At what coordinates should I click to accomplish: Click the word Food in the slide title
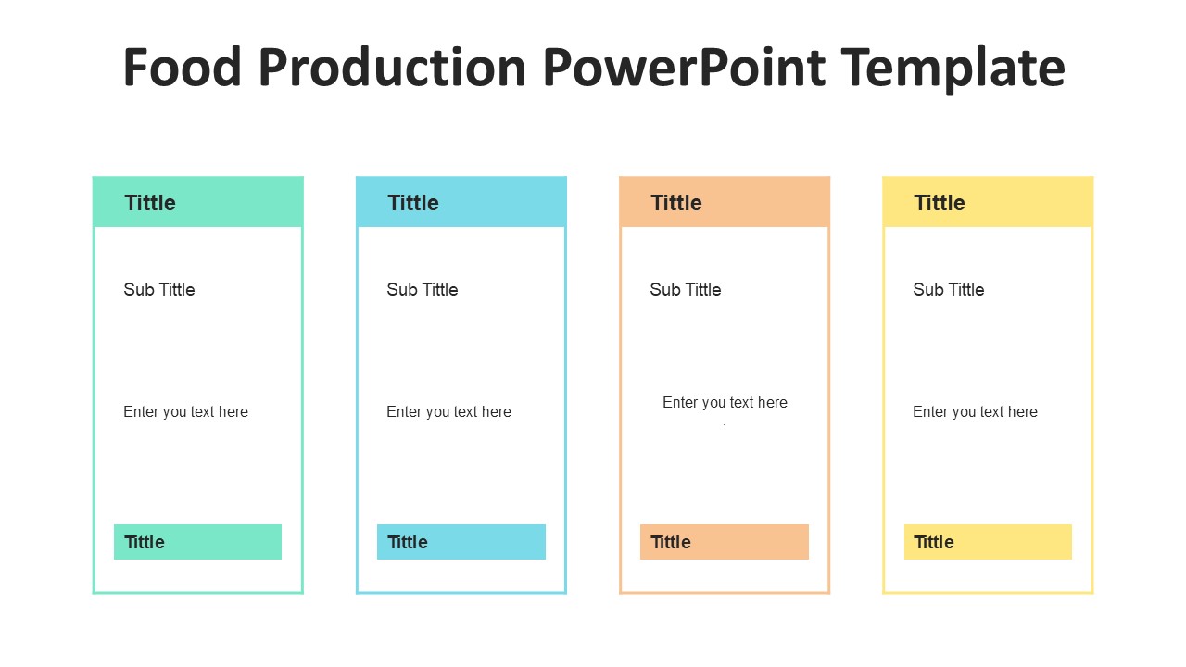[x=182, y=68]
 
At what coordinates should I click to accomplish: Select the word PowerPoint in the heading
[x=684, y=68]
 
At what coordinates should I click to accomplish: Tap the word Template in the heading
[x=953, y=68]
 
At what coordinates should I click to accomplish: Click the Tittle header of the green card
[x=150, y=203]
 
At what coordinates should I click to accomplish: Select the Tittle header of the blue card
[x=413, y=203]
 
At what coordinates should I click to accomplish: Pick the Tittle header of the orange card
[x=676, y=203]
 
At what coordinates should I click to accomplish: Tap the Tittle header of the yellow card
[x=940, y=203]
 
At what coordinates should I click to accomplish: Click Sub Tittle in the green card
[x=159, y=290]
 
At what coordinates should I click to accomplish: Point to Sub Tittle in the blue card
[x=423, y=290]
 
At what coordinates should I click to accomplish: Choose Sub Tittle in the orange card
[x=686, y=290]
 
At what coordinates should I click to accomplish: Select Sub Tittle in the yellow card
[x=949, y=290]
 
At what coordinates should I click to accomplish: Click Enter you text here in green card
[x=185, y=412]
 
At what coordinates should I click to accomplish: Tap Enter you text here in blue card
[x=448, y=412]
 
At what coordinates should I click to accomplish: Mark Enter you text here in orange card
[x=725, y=403]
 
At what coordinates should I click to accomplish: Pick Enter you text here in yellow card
[x=975, y=412]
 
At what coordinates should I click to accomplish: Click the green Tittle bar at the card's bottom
[x=197, y=542]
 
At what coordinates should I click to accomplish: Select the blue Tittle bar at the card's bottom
[x=461, y=542]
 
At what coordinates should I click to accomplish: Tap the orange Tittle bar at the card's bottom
[x=724, y=542]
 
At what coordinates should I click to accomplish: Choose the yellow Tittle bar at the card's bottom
[x=988, y=542]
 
